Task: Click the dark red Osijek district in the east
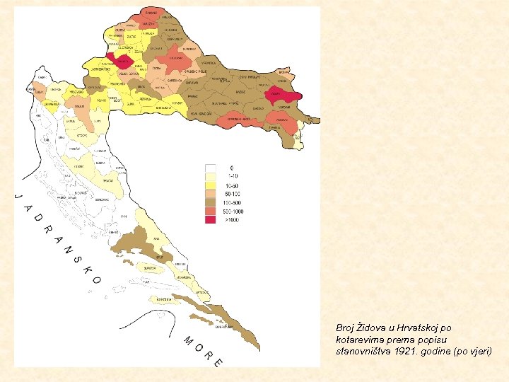(x=279, y=94)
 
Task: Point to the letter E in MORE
(x=218, y=362)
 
